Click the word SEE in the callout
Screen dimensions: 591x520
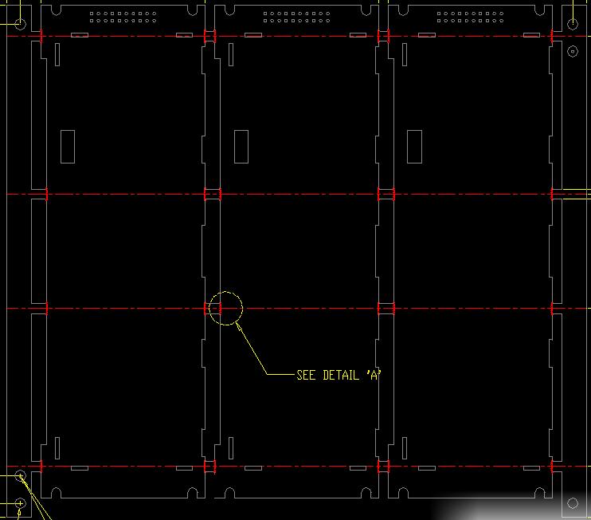[x=306, y=375]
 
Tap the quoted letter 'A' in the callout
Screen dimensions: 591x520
[x=374, y=375]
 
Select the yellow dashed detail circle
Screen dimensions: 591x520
[x=225, y=309]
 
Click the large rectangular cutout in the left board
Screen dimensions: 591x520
[x=68, y=147]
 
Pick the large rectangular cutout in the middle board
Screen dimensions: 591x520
[x=241, y=147]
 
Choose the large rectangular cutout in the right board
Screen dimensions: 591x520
[x=415, y=147]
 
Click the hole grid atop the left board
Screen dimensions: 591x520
[x=123, y=17]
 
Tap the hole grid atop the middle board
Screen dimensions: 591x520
[x=296, y=17]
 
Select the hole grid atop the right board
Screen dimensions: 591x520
[x=470, y=17]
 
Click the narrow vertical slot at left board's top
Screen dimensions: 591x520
[x=57, y=54]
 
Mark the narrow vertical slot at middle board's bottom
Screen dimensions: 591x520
[x=231, y=448]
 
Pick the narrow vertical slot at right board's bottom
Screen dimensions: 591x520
[x=405, y=448]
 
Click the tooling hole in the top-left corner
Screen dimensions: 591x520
[x=21, y=24]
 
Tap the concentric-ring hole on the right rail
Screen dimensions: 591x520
[x=573, y=51]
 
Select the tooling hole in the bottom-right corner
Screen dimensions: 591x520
[x=573, y=503]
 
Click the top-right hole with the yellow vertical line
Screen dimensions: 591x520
[x=573, y=24]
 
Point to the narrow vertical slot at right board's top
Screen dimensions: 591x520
[x=405, y=54]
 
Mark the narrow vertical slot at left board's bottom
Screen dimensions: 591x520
[x=57, y=448]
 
